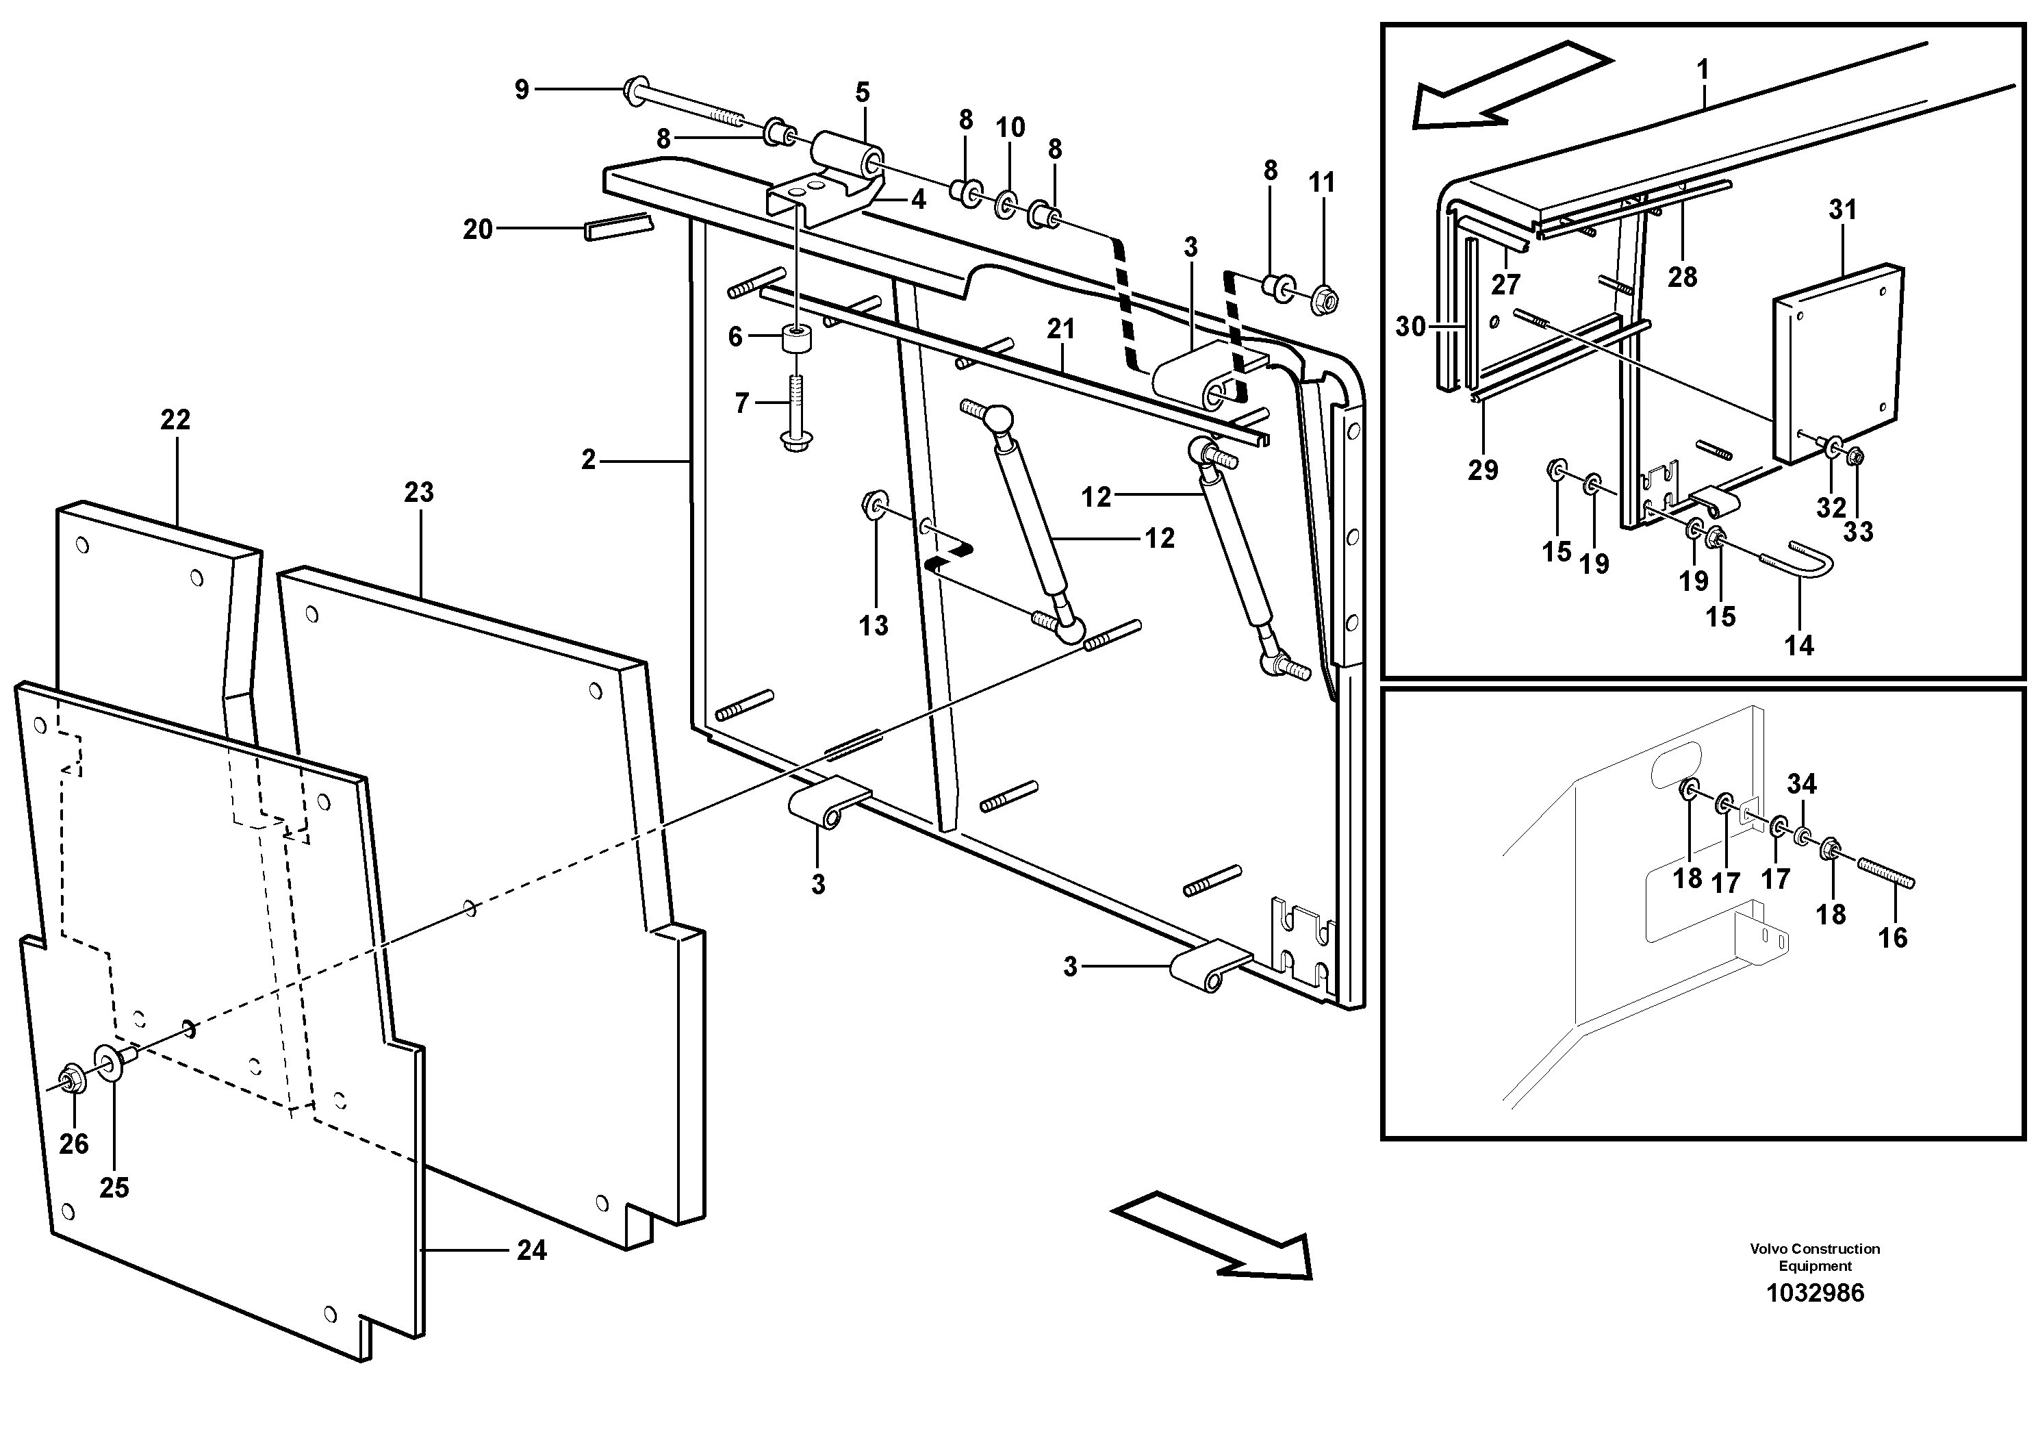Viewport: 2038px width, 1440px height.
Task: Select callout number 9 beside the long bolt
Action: pos(522,89)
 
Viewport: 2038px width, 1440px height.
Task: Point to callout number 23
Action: pos(419,492)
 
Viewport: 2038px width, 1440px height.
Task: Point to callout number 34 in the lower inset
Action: pos(1802,784)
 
